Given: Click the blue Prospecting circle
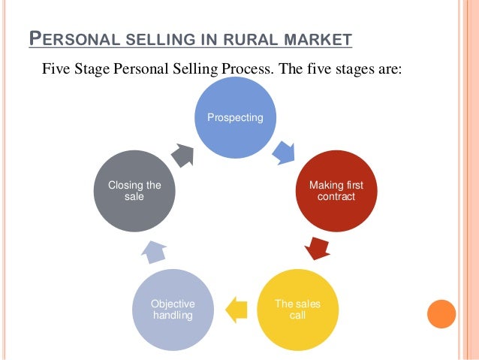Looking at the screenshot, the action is click(x=236, y=118).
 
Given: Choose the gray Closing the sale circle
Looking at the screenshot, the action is click(x=135, y=190).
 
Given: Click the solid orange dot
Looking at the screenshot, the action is click(x=442, y=314).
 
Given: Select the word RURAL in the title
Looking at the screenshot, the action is click(x=250, y=39).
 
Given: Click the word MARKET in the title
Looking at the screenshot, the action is click(x=315, y=39).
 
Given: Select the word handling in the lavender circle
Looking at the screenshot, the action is click(x=173, y=315).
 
